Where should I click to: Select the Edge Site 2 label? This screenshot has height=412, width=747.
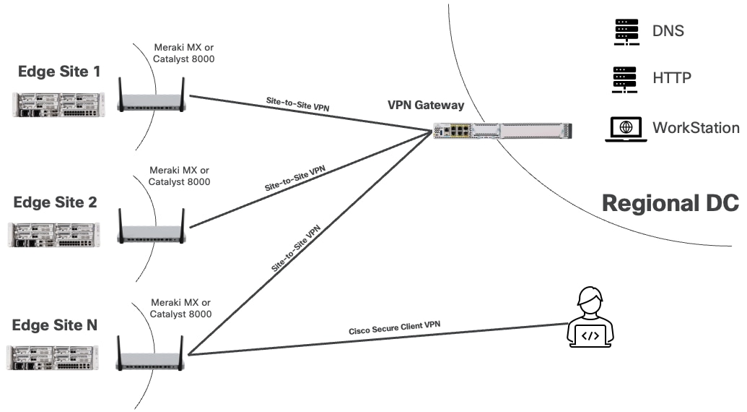point(55,202)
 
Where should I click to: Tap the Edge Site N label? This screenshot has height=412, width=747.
point(55,325)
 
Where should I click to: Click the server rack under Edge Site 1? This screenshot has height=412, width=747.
point(58,103)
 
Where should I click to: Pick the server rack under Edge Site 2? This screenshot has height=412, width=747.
point(54,234)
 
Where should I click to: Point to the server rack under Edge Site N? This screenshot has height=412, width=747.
point(54,359)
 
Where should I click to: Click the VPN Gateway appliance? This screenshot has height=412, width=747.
point(502,132)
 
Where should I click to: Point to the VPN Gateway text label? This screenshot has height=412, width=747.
point(426,106)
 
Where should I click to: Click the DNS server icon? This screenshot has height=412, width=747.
point(625,32)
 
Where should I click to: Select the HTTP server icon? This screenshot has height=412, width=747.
point(625,79)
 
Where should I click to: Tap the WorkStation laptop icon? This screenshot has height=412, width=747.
point(625,128)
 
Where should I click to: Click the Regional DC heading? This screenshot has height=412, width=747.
point(670,203)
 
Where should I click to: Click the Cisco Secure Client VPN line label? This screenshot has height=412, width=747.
point(394,328)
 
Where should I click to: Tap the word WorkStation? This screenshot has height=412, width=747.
point(696,128)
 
